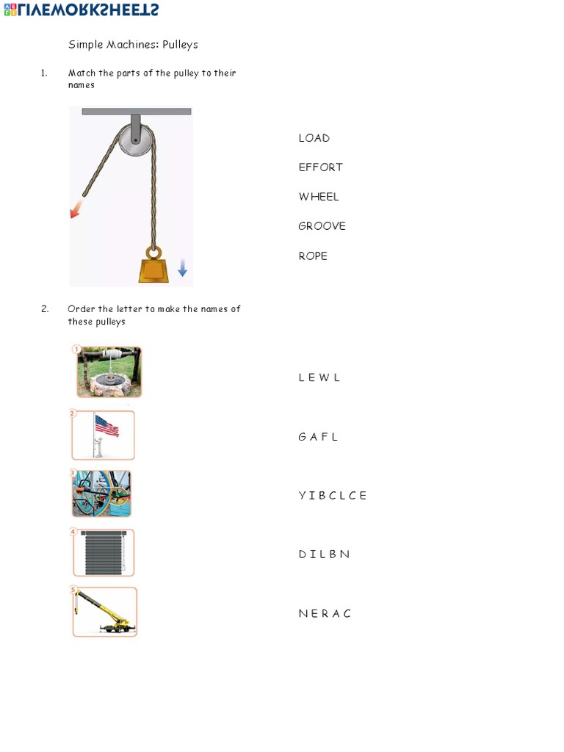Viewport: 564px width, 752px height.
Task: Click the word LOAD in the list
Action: pyautogui.click(x=314, y=138)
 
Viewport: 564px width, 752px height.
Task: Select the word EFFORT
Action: pyautogui.click(x=320, y=167)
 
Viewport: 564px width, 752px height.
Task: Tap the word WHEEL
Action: pyautogui.click(x=319, y=197)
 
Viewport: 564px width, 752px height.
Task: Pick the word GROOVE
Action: pyautogui.click(x=322, y=226)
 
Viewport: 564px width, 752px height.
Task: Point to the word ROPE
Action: pyautogui.click(x=313, y=256)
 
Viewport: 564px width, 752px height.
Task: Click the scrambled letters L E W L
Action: pyautogui.click(x=319, y=377)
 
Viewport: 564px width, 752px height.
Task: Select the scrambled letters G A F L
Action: pyautogui.click(x=318, y=437)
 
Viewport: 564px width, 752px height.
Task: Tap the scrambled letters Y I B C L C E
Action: pyautogui.click(x=332, y=496)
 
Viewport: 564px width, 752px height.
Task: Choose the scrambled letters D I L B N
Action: pyautogui.click(x=324, y=554)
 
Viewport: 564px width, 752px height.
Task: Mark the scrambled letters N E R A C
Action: pyautogui.click(x=325, y=614)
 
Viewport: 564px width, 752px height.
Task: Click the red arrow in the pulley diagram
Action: pyautogui.click(x=75, y=211)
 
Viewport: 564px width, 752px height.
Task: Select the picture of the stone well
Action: pyautogui.click(x=109, y=372)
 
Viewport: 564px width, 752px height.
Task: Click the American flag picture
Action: pyautogui.click(x=104, y=435)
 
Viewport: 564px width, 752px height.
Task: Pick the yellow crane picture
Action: pyautogui.click(x=104, y=612)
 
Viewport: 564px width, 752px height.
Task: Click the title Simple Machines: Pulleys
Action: pyautogui.click(x=133, y=45)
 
